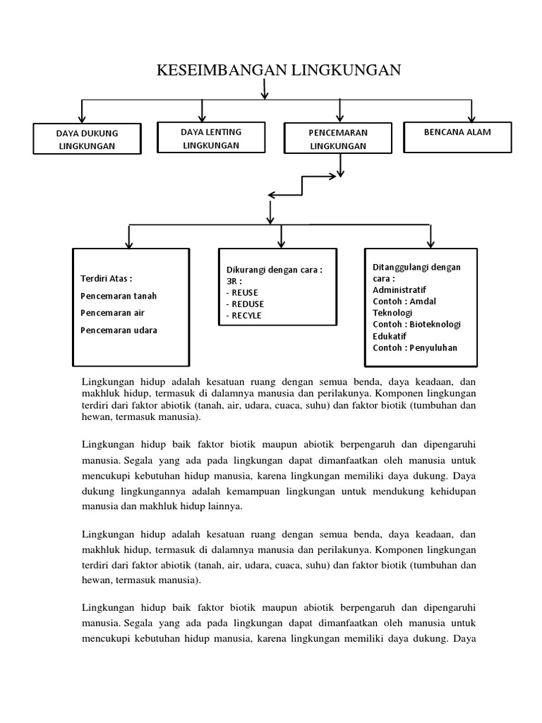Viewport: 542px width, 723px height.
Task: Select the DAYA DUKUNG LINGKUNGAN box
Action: [x=88, y=139]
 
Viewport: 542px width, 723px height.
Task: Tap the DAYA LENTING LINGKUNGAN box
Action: [x=211, y=138]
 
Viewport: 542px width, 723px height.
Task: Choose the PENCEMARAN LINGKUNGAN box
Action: [x=338, y=139]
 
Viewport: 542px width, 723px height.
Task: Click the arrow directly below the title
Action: [x=265, y=89]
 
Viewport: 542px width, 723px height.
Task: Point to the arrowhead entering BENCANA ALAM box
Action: [x=471, y=118]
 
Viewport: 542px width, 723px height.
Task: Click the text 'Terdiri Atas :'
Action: [x=107, y=278]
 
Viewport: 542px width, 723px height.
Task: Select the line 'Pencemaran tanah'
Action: [x=119, y=296]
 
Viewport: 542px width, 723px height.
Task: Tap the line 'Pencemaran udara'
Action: [x=119, y=330]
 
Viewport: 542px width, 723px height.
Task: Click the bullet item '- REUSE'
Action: [x=242, y=292]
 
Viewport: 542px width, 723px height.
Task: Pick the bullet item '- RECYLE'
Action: [x=243, y=316]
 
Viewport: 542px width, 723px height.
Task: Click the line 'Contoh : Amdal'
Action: [x=405, y=301]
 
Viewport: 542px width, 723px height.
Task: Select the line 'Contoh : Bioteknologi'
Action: [x=416, y=324]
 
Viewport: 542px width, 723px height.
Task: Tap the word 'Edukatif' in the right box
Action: [x=390, y=335]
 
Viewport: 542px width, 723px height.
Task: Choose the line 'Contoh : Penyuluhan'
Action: [x=415, y=347]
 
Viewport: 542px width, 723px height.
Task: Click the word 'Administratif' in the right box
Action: [x=399, y=289]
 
